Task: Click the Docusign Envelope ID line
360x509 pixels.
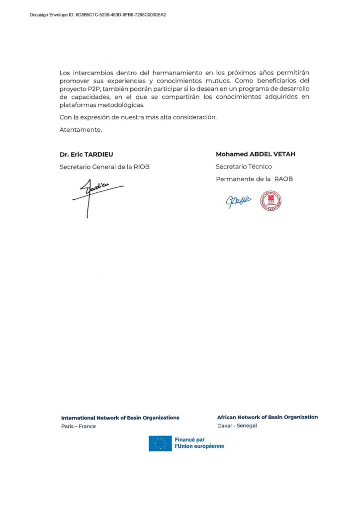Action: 98,15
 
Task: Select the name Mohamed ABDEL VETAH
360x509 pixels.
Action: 255,154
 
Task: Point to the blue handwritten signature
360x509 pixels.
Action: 239,200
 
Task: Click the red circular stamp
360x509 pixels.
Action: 270,201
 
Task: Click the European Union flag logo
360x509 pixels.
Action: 160,443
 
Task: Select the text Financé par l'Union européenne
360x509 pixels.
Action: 198,443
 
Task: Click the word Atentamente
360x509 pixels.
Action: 80,130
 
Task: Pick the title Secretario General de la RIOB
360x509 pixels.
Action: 104,167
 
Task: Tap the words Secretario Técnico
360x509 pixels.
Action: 244,167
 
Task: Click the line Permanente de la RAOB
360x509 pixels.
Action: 254,179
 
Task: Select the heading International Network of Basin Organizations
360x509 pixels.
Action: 120,418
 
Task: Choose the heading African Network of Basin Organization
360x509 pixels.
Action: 267,417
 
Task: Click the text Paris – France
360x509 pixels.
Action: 79,426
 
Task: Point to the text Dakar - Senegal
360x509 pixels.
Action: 237,426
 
